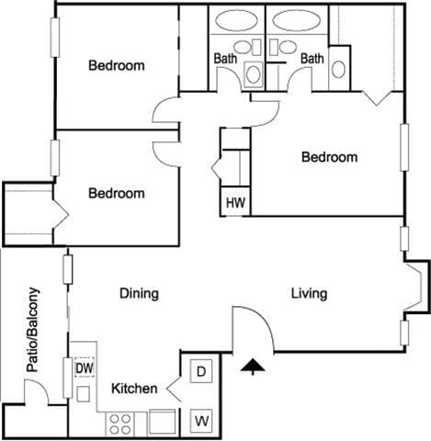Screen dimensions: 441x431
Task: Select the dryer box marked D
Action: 201,371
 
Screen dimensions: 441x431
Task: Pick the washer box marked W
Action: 201,422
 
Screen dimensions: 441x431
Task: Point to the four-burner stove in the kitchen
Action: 121,423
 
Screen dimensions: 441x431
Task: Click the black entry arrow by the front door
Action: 252,367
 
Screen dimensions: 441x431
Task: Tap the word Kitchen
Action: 134,389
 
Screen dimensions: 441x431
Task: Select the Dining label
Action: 139,294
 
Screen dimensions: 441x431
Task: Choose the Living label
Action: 309,294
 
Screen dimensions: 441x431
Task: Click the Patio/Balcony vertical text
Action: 34,330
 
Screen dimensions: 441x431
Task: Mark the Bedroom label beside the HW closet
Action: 329,157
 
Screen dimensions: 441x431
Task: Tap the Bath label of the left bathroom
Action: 225,59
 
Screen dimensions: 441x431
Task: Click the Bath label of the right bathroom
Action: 313,59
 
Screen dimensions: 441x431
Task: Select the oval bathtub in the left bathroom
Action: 236,20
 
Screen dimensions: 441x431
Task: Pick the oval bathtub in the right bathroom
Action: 296,20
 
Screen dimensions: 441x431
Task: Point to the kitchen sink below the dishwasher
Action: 84,394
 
